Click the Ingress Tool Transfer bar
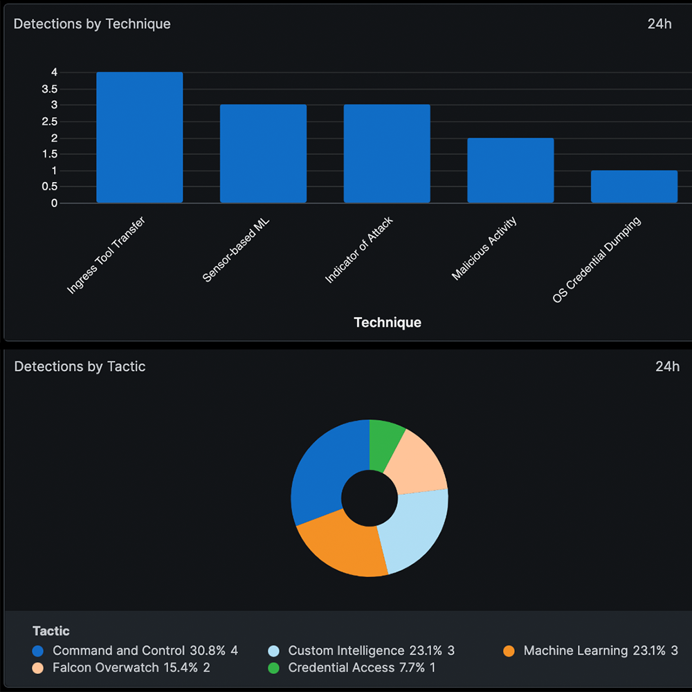coord(139,138)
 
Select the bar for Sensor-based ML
coord(263,154)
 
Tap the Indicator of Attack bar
coord(387,154)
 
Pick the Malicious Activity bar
coord(511,170)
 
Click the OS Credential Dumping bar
coord(634,187)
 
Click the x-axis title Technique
coord(388,322)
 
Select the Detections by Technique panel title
coord(92,24)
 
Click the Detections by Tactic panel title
coord(80,367)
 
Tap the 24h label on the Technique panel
coord(659,24)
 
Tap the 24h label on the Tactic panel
coord(667,367)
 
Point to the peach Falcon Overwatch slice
coord(418,464)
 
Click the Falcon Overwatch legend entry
coord(122,668)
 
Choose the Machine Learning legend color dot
coord(509,651)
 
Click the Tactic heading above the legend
coord(51,631)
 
